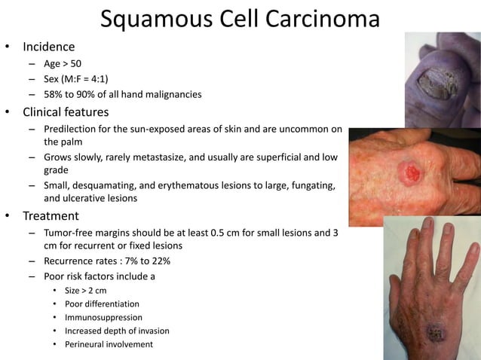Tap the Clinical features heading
[x=66, y=112]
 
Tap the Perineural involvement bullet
[x=109, y=344]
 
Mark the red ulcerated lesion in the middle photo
[x=411, y=174]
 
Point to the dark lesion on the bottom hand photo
[x=436, y=332]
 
